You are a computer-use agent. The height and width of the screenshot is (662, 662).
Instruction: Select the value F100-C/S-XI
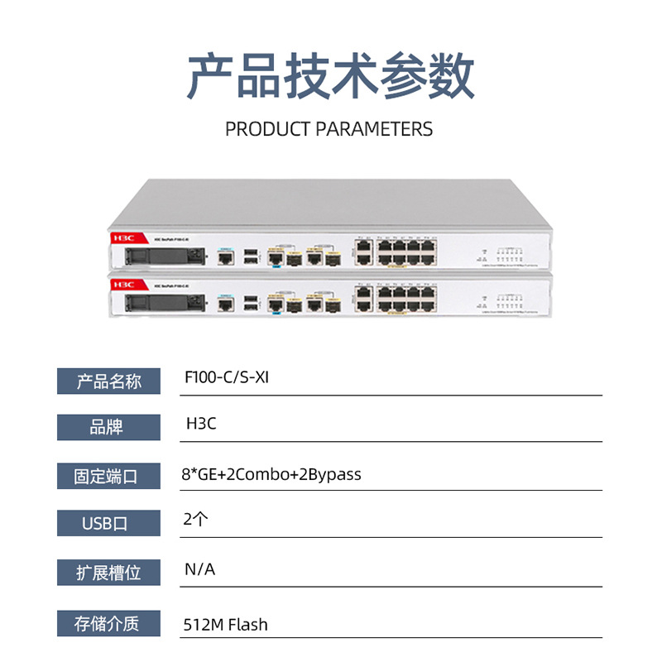click(x=226, y=377)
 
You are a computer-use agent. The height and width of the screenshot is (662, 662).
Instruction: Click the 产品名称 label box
click(x=108, y=381)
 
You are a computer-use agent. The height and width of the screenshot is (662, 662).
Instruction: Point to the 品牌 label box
click(x=108, y=427)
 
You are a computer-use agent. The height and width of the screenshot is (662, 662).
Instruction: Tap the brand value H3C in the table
click(x=200, y=425)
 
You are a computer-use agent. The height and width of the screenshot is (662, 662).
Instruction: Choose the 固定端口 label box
click(x=108, y=476)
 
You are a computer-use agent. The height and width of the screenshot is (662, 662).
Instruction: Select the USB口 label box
click(x=108, y=524)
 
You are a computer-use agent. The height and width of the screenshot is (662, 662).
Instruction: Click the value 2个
click(x=196, y=520)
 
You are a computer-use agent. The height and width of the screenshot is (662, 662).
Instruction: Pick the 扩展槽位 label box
click(x=108, y=573)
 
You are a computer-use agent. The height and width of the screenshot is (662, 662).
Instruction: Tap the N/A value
click(x=199, y=569)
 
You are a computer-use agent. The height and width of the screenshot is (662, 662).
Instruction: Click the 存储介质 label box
click(x=108, y=623)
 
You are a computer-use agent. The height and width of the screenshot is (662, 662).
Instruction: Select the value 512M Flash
click(x=225, y=624)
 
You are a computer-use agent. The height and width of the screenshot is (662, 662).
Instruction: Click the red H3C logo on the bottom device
click(x=123, y=283)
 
